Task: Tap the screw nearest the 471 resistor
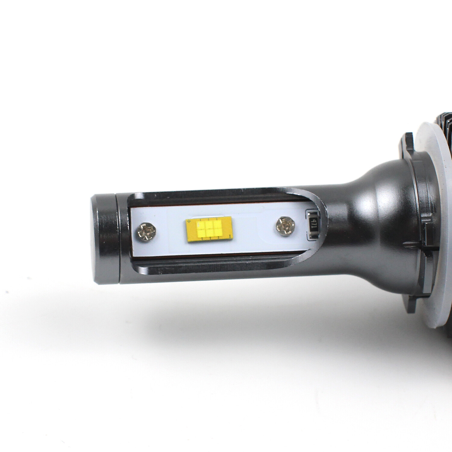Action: click(x=283, y=224)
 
